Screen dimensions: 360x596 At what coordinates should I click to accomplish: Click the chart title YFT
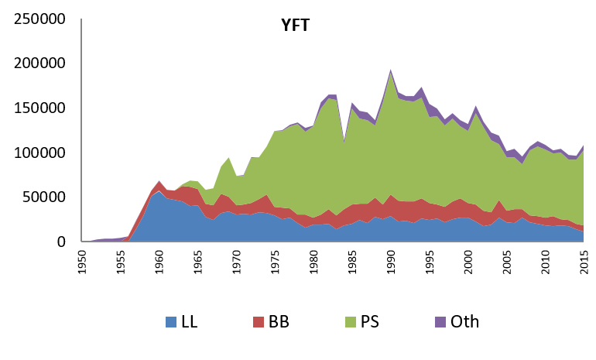pos(296,26)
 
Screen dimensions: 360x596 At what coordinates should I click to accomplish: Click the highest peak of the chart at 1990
pos(391,70)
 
